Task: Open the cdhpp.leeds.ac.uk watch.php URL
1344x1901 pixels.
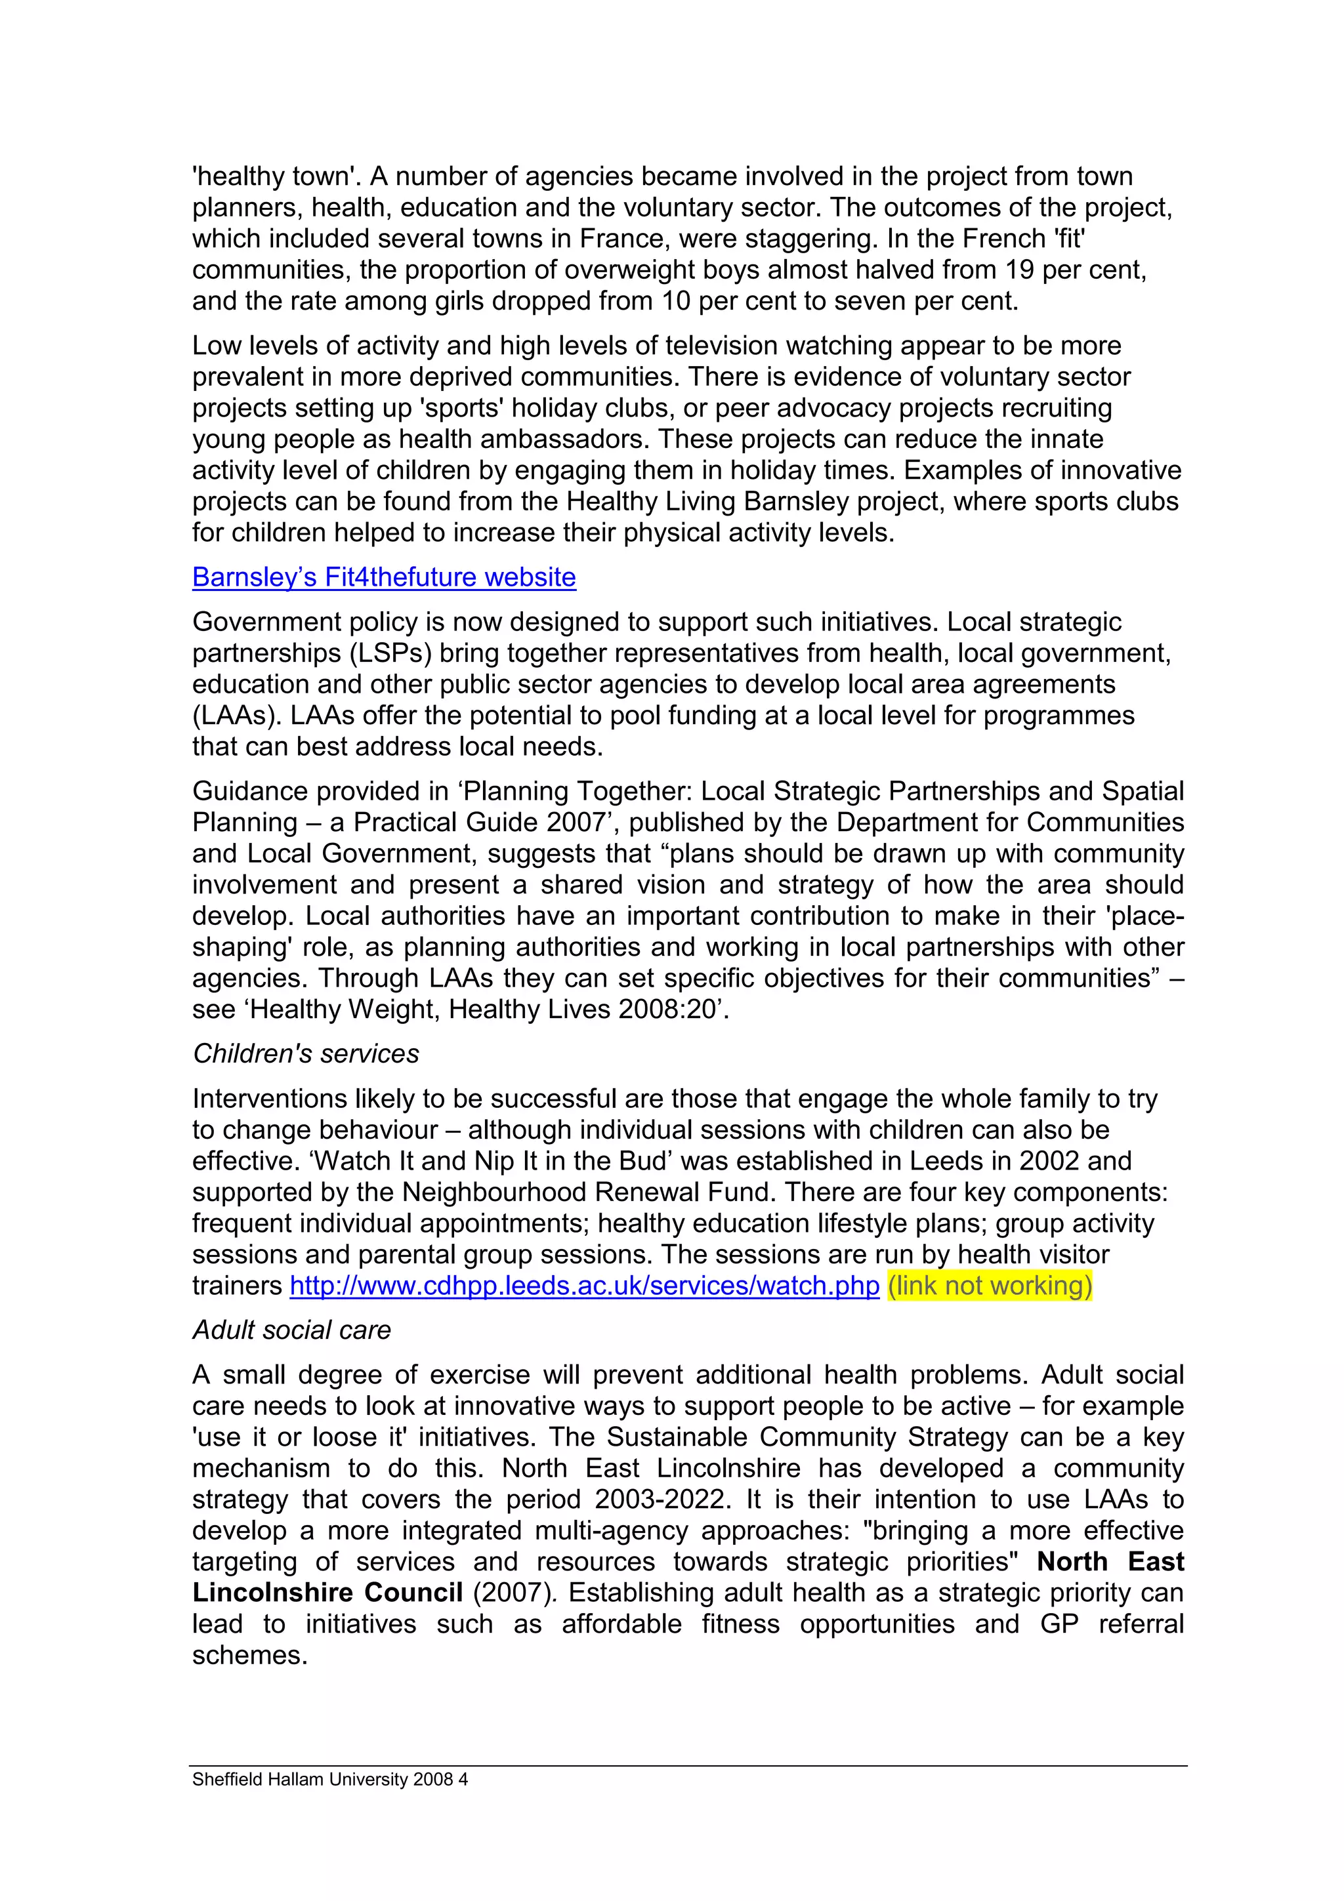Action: click(x=584, y=1286)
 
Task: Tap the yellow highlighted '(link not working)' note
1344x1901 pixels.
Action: click(x=990, y=1286)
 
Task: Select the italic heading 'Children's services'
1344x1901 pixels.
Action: click(x=306, y=1053)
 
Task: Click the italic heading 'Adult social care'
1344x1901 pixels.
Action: click(x=291, y=1330)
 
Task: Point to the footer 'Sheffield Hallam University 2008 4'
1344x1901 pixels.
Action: click(x=329, y=1779)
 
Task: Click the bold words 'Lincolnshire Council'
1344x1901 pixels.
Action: click(x=327, y=1592)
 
